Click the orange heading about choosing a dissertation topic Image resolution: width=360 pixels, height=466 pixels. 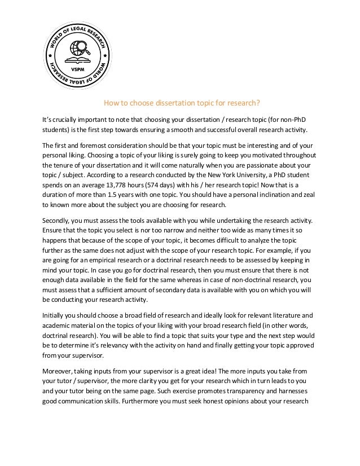pyautogui.click(x=180, y=103)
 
